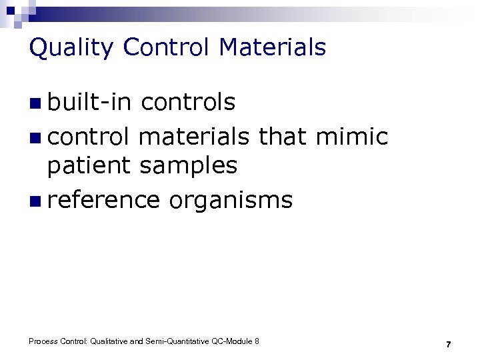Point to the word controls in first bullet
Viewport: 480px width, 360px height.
pos(189,102)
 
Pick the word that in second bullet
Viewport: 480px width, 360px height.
pos(283,136)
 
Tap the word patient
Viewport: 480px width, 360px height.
pos(90,166)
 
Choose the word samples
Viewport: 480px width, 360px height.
pos(189,166)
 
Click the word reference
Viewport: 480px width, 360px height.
pos(103,199)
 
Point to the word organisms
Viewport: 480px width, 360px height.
pos(230,199)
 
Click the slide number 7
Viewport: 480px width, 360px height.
pos(449,344)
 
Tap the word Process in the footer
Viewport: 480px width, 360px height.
pos(43,341)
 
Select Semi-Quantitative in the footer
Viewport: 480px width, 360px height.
pos(178,341)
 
